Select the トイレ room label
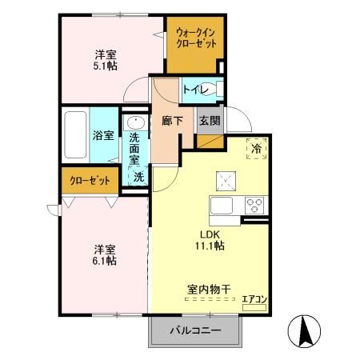point(194,90)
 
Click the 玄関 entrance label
point(209,121)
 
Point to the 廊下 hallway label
point(172,121)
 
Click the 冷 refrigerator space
point(258,149)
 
